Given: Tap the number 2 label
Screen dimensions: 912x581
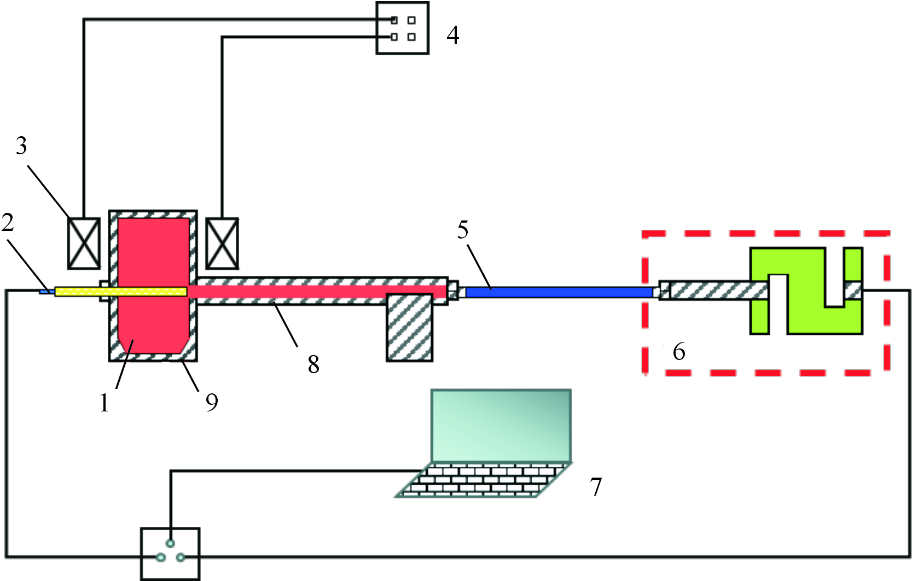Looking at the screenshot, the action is coord(8,222).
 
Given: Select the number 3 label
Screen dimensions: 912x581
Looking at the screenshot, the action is coord(21,146).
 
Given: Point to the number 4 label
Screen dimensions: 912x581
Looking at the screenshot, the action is coord(453,35).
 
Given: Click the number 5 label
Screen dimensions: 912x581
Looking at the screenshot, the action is coord(463,230).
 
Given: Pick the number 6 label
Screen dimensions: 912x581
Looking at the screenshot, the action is coord(679,351).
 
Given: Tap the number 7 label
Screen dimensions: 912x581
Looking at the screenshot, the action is coord(596,486).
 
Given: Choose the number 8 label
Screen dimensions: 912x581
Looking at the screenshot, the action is coord(313,364).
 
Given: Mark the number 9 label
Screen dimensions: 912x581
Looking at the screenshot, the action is coord(212,402).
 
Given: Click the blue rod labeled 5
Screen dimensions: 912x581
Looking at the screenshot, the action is coord(559,292).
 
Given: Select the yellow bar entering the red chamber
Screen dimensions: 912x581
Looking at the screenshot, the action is coord(121,292).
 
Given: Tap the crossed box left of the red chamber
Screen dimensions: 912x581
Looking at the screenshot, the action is coord(84,243).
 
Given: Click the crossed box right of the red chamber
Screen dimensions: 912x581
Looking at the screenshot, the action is coord(222,243).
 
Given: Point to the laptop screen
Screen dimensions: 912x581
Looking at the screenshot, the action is coord(501,426).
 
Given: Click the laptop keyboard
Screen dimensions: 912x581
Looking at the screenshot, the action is coord(484,480).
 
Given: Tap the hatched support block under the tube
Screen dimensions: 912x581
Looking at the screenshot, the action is coord(410,327).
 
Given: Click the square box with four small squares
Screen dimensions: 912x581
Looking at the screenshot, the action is coord(402,28).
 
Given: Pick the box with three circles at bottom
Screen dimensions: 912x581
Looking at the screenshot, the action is coord(170,554).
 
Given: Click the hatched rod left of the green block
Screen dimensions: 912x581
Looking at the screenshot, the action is coord(714,290).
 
